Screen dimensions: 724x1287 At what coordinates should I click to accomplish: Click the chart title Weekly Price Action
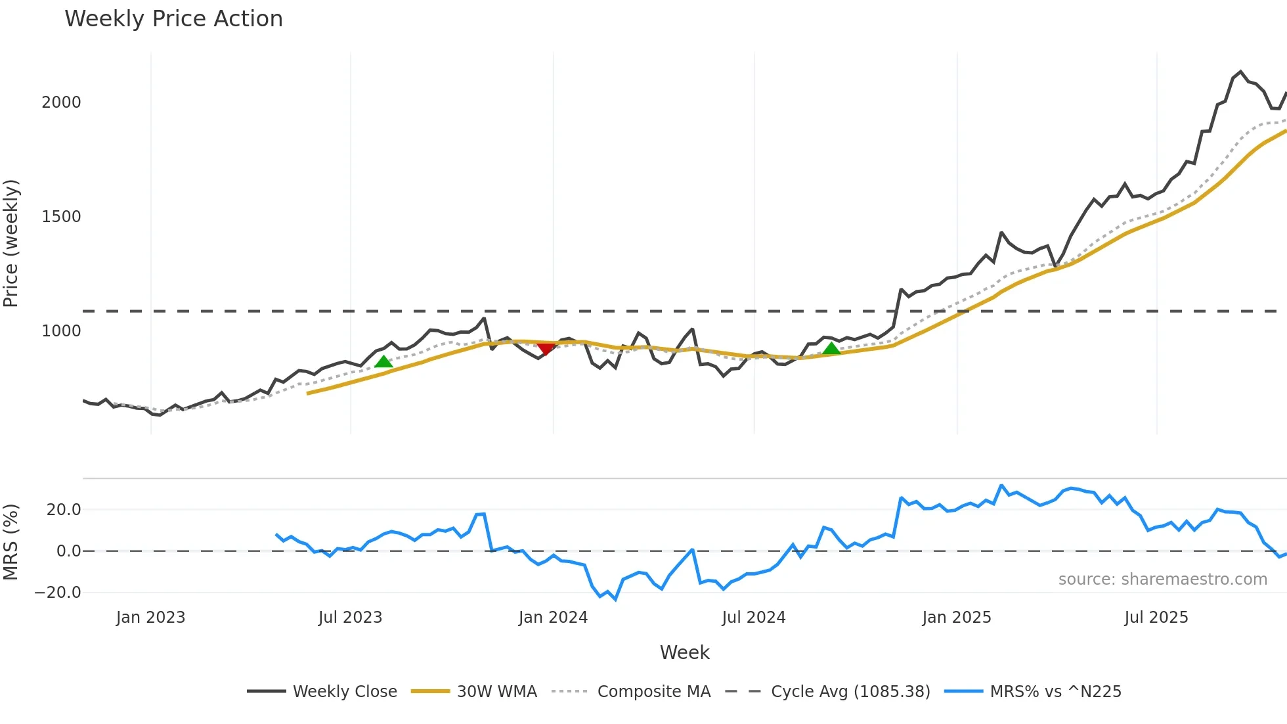coord(173,19)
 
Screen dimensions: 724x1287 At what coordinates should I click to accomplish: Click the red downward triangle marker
coord(546,348)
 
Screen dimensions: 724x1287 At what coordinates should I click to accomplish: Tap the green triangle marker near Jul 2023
coord(383,362)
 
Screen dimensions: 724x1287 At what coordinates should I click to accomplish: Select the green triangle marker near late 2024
coord(831,349)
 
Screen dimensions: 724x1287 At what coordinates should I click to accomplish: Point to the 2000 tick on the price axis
coord(61,102)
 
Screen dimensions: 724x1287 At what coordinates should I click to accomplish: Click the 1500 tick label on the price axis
coord(61,217)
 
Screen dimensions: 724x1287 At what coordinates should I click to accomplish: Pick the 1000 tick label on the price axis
coord(61,331)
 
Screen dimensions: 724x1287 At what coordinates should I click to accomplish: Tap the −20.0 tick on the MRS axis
coord(58,593)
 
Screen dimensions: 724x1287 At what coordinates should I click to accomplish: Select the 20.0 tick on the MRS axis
coord(64,510)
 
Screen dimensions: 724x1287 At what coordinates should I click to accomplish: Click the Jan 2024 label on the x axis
coord(553,618)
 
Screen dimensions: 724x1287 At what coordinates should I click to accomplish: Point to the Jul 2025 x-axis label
coord(1156,618)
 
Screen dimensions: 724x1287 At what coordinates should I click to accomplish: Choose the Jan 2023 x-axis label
coord(150,618)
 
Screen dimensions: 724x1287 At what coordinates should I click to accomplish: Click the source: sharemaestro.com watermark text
coord(1162,579)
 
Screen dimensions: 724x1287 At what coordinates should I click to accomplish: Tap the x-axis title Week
coord(684,652)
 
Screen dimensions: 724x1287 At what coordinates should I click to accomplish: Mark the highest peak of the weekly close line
coord(1240,72)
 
